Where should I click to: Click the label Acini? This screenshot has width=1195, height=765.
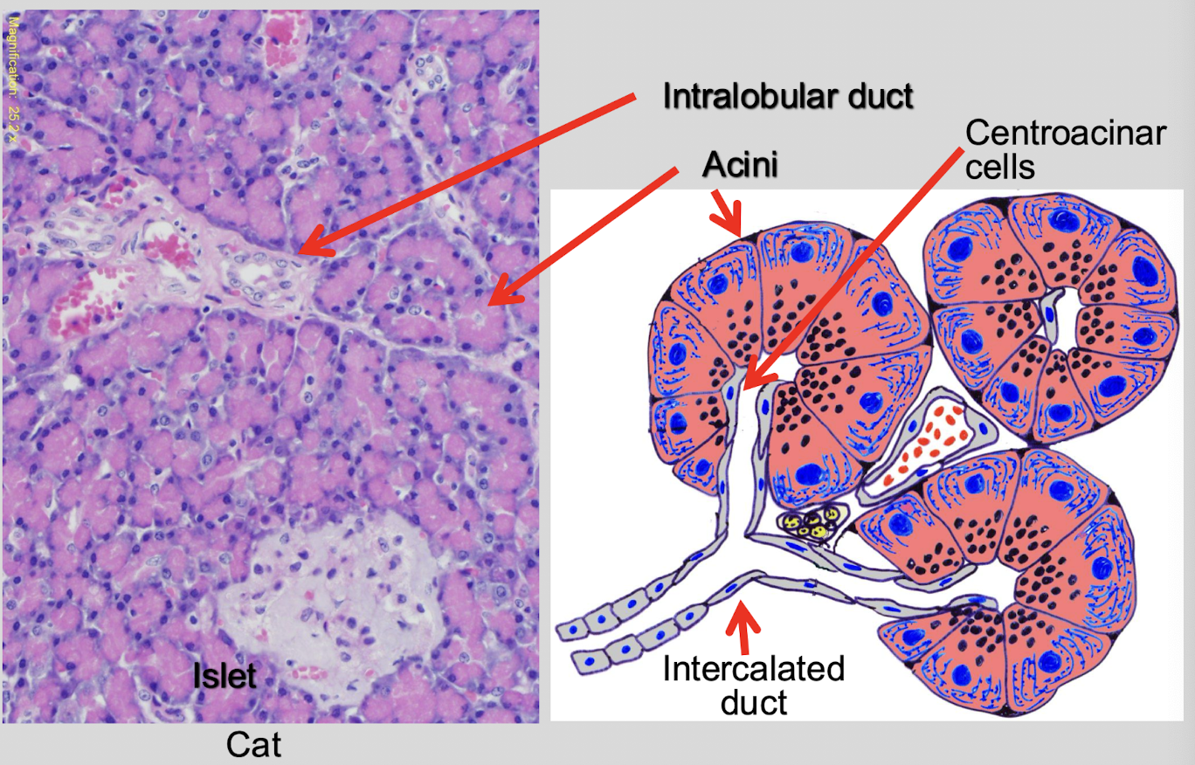tap(740, 164)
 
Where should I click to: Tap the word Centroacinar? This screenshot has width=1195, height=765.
tap(1066, 134)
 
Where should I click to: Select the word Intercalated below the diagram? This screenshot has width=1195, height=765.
tap(753, 670)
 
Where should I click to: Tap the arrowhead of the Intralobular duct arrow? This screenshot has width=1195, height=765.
tap(301, 252)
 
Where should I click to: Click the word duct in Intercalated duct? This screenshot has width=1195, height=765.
tap(753, 702)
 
